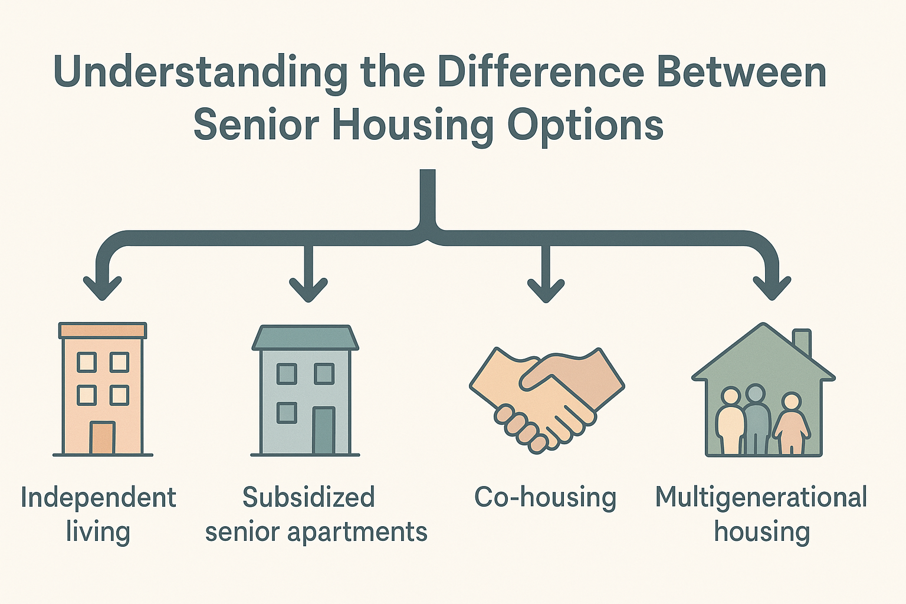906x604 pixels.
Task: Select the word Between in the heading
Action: point(741,72)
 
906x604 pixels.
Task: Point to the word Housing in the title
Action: point(413,126)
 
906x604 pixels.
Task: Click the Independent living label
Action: point(98,514)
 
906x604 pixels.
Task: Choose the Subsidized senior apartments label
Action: point(316,514)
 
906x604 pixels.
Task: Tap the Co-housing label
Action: point(545,497)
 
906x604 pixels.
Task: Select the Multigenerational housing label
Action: point(761,514)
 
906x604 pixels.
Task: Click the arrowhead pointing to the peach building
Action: point(102,287)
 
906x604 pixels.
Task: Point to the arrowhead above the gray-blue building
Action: point(308,288)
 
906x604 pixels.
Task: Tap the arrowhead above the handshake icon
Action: point(546,288)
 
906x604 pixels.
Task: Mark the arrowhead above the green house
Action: point(772,287)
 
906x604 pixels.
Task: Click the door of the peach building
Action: point(103,437)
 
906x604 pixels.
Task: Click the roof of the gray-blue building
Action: point(305,337)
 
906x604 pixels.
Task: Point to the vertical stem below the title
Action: point(428,198)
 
